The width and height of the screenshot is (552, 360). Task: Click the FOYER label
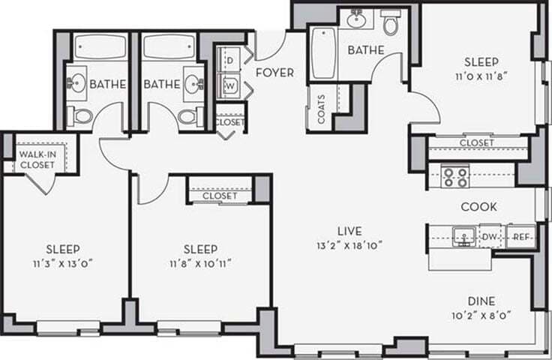click(274, 73)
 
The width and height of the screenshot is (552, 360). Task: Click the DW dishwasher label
click(489, 237)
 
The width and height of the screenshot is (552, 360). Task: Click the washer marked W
click(229, 86)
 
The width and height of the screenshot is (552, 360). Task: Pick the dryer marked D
click(229, 59)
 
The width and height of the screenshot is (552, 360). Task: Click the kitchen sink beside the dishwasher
click(463, 237)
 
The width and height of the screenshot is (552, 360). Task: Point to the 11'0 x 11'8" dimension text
click(481, 76)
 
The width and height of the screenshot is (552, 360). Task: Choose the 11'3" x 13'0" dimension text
click(64, 263)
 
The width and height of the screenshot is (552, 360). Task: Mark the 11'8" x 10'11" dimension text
click(200, 263)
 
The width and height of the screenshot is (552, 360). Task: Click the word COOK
click(478, 206)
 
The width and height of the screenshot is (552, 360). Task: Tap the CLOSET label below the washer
click(229, 121)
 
